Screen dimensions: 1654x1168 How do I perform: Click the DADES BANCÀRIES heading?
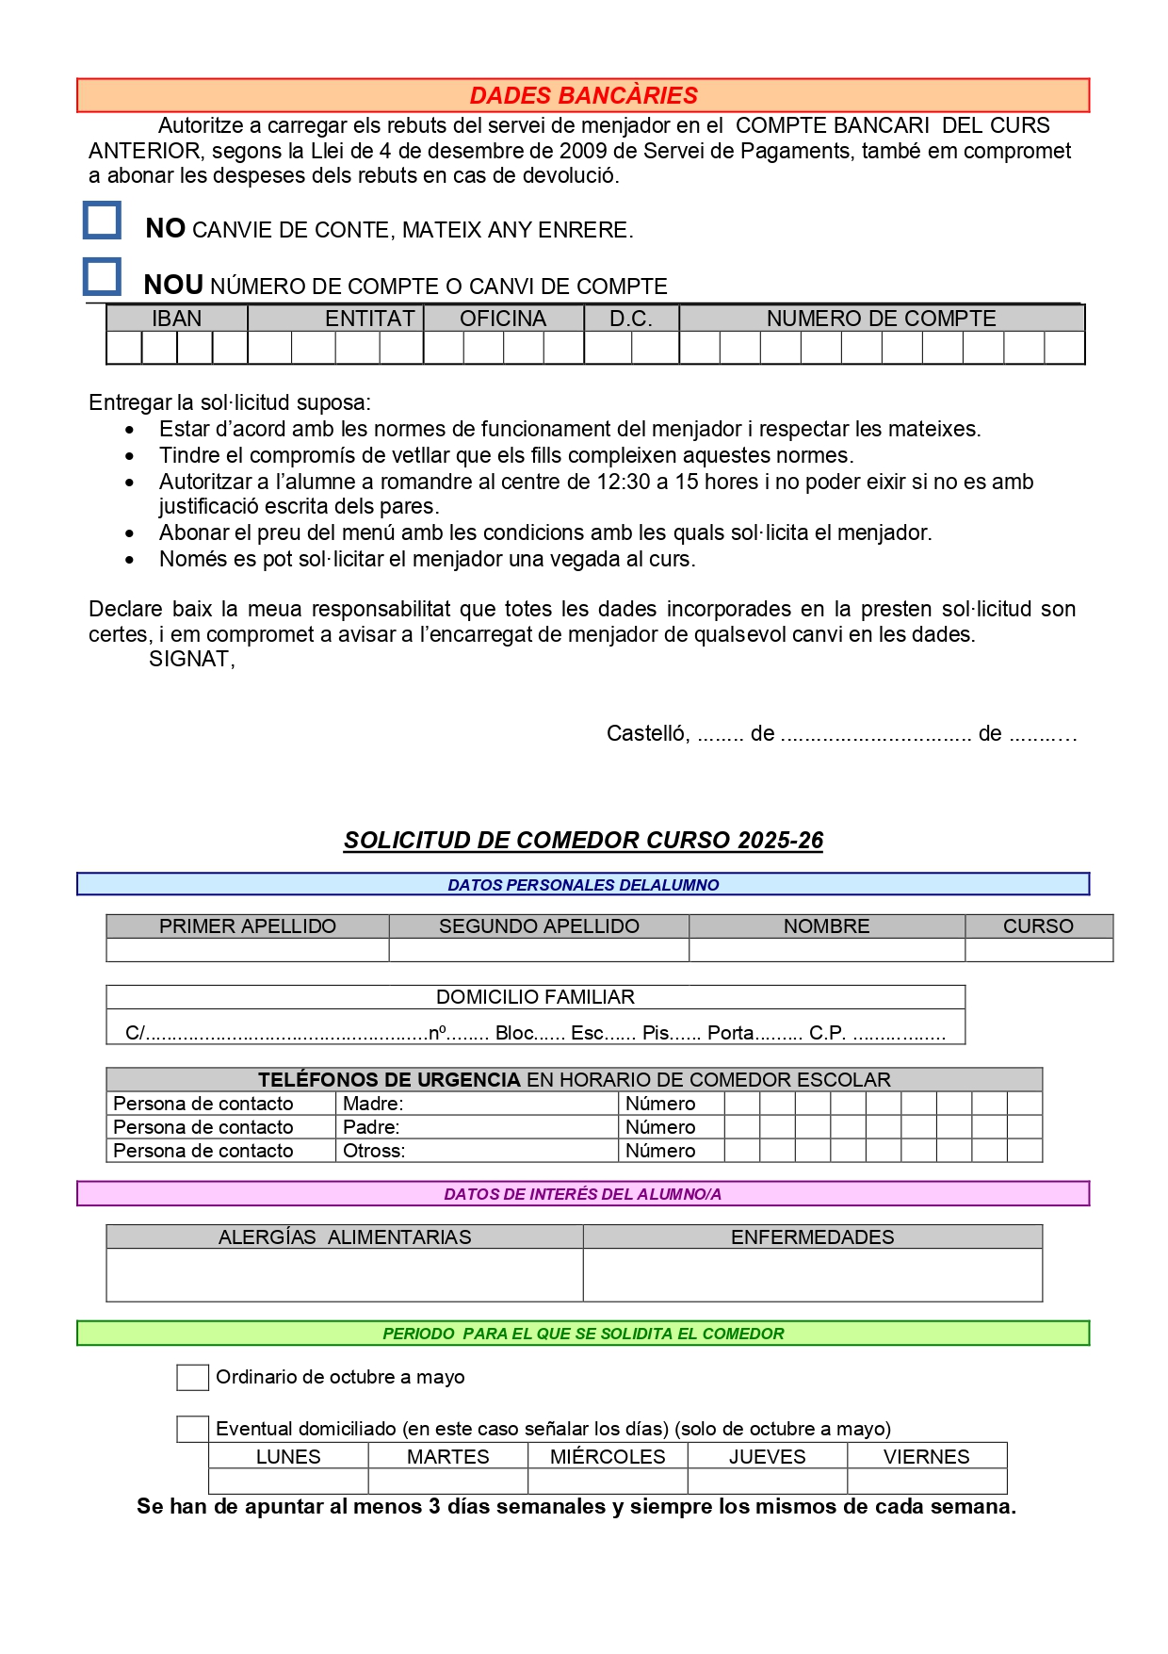[x=583, y=95]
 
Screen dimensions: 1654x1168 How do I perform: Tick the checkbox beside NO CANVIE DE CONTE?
[x=103, y=221]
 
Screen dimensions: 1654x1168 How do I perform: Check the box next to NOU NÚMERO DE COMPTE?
[x=103, y=277]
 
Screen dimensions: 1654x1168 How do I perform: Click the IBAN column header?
[x=177, y=319]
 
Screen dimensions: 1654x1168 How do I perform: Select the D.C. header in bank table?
[x=631, y=319]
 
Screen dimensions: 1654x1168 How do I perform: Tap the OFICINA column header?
[x=503, y=319]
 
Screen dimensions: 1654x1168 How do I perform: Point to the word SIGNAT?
[x=191, y=659]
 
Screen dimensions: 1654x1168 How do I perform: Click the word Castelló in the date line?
[x=647, y=733]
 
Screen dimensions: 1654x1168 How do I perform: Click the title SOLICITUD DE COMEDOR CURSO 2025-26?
[x=583, y=841]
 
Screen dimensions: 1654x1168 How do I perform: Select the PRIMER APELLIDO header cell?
[x=248, y=926]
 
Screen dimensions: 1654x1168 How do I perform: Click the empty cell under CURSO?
[x=1038, y=950]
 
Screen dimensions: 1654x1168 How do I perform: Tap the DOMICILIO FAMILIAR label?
[x=535, y=997]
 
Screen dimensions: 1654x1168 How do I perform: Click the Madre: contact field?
[x=477, y=1104]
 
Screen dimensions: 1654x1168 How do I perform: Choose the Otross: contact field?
[x=477, y=1151]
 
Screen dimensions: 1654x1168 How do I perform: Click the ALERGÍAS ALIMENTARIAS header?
[x=345, y=1237]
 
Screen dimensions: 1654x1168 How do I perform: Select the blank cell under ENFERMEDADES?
[x=812, y=1275]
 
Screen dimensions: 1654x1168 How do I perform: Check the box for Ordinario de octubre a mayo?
[x=193, y=1378]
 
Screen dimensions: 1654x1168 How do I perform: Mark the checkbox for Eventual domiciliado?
[x=193, y=1429]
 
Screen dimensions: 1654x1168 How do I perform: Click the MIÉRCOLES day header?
[x=608, y=1457]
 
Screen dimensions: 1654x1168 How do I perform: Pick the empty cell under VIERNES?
[x=927, y=1481]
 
